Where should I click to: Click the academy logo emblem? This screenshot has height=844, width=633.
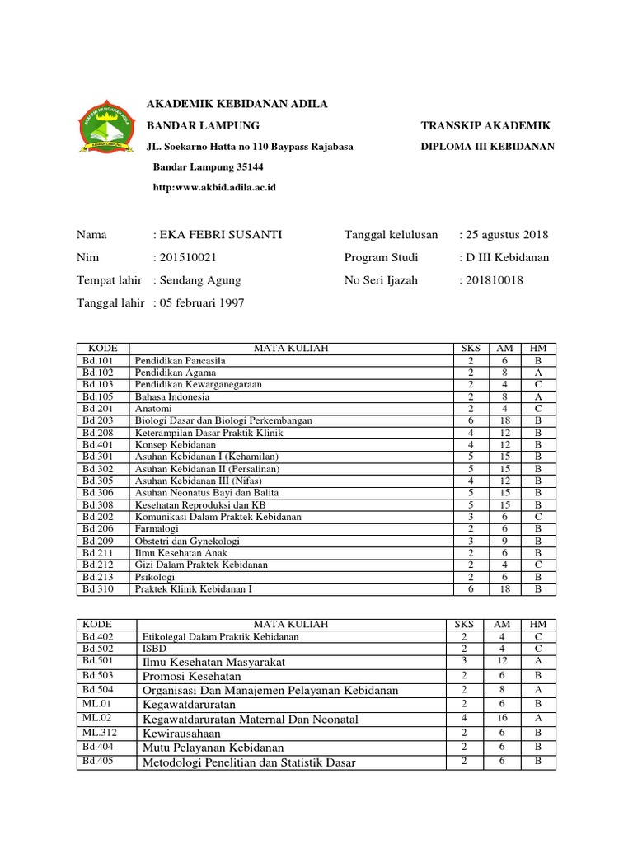[107, 126]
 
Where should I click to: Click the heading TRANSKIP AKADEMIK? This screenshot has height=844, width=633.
[485, 125]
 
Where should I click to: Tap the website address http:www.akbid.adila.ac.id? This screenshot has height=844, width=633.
[214, 187]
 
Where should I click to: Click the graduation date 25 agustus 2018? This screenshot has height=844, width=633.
[506, 235]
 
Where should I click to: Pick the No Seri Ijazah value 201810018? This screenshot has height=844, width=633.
[494, 280]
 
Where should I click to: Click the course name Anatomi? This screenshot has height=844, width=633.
[153, 408]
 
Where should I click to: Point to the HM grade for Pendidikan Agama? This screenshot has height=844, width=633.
[537, 373]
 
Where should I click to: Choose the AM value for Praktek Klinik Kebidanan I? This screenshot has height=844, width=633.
[504, 588]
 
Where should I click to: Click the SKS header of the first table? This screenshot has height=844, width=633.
[471, 349]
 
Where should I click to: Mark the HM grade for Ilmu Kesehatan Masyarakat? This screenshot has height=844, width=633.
[537, 660]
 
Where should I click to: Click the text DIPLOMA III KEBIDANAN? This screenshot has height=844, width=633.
[487, 147]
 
